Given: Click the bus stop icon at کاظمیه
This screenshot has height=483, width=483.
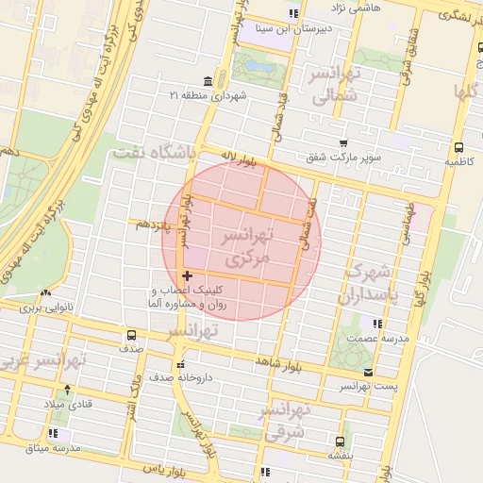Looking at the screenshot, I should point(458,148).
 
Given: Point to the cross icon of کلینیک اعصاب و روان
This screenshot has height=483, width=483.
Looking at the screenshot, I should point(187,275).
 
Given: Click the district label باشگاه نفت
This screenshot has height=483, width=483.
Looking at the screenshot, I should point(153,151).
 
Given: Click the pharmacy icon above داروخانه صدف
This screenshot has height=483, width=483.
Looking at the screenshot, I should point(180,363).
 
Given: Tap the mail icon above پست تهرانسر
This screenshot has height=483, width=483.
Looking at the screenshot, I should point(367,372).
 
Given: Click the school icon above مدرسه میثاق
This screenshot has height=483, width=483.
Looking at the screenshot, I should point(53,433).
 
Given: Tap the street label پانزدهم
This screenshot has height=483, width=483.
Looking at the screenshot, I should point(151,225).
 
